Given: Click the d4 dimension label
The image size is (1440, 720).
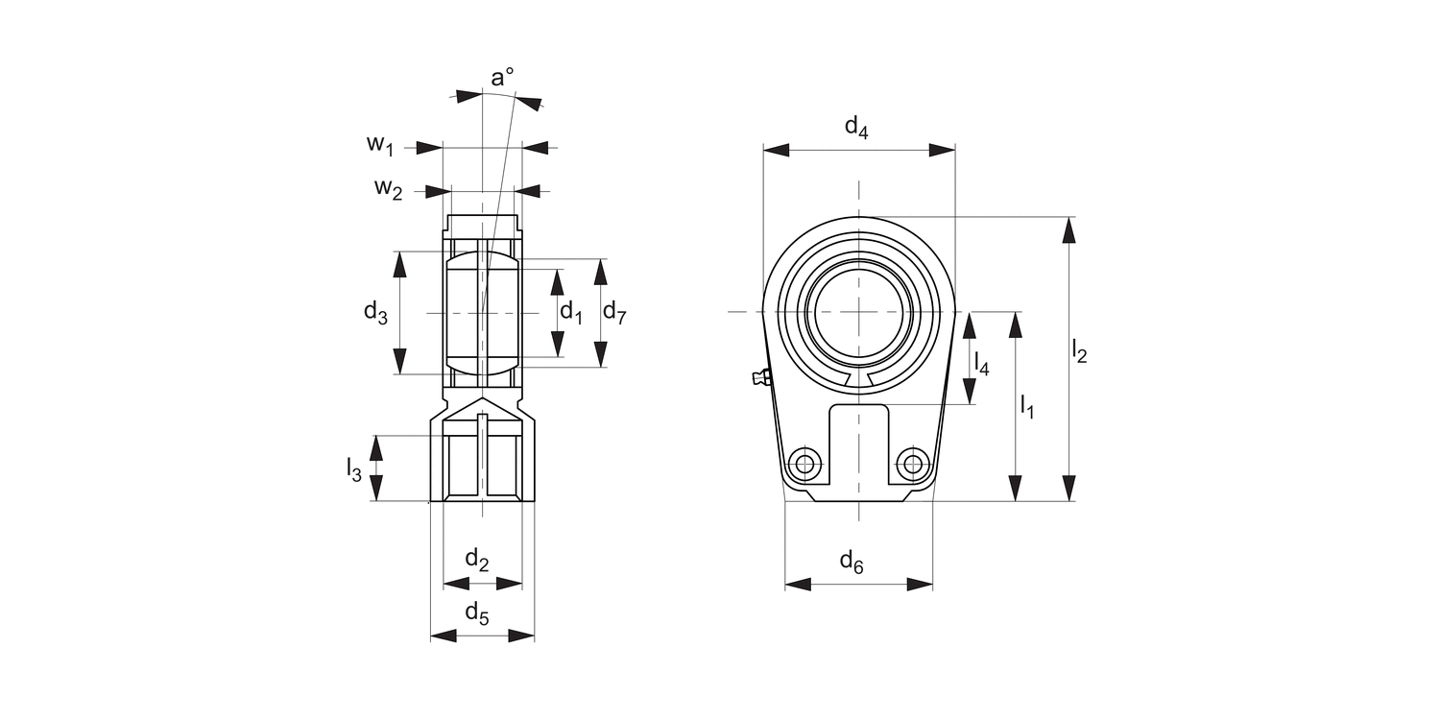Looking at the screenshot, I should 856,128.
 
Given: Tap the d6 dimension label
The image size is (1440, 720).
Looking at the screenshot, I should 852,562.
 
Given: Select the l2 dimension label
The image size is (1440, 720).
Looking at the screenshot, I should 1079,352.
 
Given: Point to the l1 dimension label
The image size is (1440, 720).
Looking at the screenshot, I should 1026,406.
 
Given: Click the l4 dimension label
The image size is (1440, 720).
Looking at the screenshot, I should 981,363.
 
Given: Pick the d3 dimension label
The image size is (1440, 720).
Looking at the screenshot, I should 375,311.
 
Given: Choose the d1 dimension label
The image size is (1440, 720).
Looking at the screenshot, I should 571,311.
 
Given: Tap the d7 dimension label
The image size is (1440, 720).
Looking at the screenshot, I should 614,311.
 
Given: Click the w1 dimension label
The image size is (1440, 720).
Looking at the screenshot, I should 380,145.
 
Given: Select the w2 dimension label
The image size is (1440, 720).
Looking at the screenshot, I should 388,188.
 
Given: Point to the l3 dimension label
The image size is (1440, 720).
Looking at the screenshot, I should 354,469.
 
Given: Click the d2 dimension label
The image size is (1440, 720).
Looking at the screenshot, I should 477,559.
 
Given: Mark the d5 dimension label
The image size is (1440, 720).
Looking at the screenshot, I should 477,612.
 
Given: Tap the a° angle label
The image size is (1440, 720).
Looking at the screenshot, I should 502,78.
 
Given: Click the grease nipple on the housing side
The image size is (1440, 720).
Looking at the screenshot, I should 759,377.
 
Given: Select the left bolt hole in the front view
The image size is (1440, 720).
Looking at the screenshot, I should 804,465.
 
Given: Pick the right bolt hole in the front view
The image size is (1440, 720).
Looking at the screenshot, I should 914,465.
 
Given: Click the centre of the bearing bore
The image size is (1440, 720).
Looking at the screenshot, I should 858,312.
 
